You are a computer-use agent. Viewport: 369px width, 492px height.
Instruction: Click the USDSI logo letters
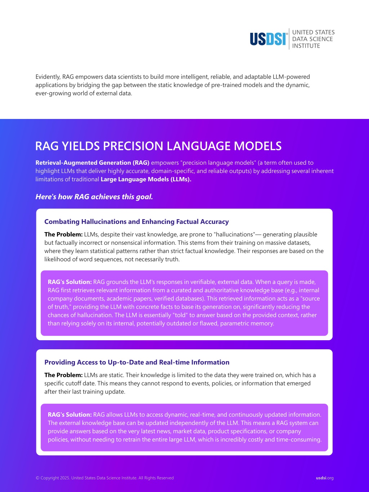point(268,39)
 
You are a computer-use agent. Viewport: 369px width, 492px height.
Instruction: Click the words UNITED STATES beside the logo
point(313,32)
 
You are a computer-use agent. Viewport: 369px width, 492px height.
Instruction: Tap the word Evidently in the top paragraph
point(48,77)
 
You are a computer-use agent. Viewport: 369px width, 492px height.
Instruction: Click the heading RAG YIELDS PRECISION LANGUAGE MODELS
point(158,146)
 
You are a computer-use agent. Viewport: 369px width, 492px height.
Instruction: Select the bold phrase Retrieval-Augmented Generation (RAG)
point(92,163)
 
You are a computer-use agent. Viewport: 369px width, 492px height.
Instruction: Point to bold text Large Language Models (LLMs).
point(146,179)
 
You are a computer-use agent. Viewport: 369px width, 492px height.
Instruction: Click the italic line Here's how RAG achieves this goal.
point(94,197)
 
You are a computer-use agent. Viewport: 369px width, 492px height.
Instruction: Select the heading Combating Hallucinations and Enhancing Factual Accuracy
point(136,222)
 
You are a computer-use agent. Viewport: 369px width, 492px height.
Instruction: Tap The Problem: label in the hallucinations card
point(63,234)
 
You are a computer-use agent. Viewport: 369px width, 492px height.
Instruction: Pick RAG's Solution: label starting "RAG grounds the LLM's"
point(70,282)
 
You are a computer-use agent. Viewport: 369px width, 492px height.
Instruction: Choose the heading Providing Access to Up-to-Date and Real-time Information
point(137,362)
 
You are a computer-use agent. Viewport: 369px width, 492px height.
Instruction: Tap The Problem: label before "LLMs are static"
point(63,375)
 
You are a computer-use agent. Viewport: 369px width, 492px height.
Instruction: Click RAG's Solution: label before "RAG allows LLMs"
point(70,415)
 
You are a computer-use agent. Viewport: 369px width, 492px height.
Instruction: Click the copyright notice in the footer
point(105,478)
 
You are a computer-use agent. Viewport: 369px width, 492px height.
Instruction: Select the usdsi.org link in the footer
point(324,478)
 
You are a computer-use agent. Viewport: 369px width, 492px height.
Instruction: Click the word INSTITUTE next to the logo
point(306,46)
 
